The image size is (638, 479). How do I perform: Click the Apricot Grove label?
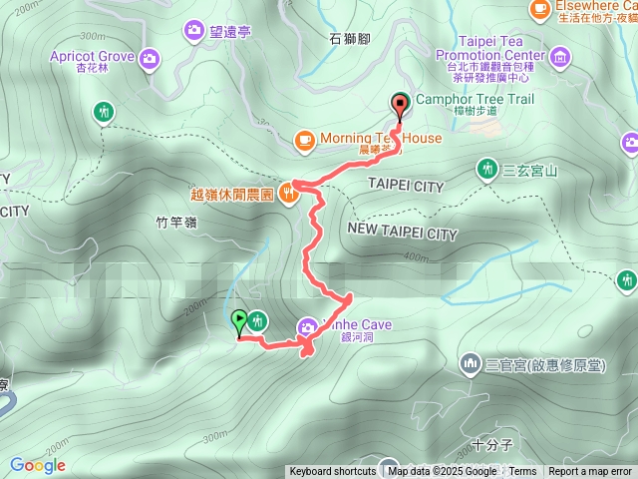point(92,57)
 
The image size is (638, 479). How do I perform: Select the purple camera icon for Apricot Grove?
point(150,57)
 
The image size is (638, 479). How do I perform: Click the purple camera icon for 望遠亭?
point(193,33)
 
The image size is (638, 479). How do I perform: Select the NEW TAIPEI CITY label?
point(403,233)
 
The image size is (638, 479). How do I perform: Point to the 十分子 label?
point(492,446)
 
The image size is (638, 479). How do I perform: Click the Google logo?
point(37,465)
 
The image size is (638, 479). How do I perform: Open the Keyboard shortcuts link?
point(333,472)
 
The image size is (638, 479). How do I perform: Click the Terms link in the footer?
point(522,472)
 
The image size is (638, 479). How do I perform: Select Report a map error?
point(590,472)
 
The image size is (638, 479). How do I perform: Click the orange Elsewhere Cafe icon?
point(540,8)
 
